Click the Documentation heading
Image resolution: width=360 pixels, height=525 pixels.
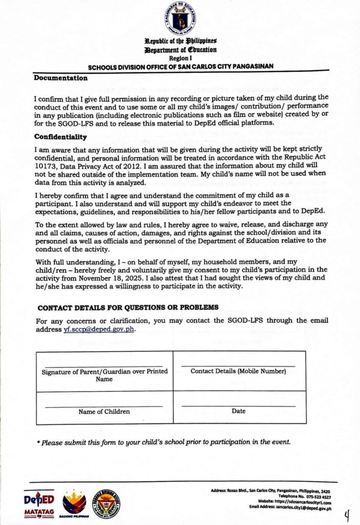point(61,78)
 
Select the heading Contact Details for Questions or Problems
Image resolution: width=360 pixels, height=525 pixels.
point(128,307)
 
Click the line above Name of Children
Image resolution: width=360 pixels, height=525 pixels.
point(104,406)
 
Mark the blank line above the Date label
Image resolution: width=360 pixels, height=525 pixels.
point(238,406)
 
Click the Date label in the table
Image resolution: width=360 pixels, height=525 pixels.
point(238,411)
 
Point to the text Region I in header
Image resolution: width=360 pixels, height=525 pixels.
point(180,59)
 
